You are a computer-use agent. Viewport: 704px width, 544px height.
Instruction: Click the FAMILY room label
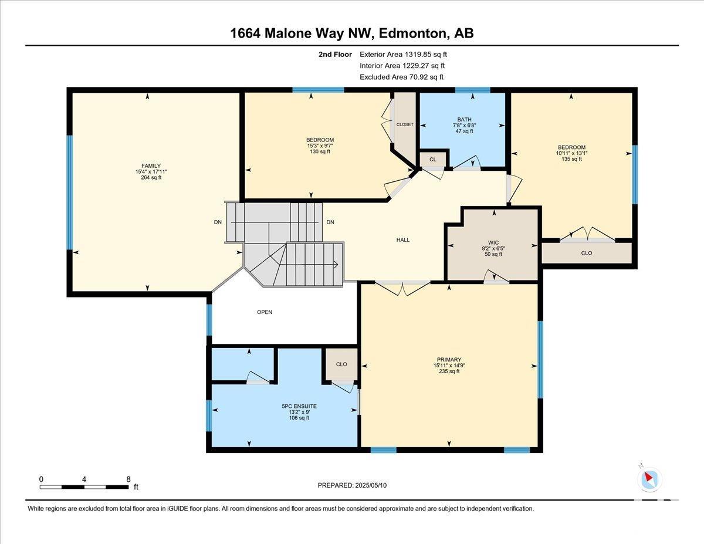[151, 165]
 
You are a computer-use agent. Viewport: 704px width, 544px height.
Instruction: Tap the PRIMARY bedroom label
[449, 359]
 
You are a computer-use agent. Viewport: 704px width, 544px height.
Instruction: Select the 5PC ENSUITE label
[299, 406]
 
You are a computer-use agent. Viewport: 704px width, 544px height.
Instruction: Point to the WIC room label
[493, 242]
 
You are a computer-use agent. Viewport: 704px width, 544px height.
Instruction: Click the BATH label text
[464, 119]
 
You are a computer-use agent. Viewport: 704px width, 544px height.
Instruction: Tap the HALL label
[403, 240]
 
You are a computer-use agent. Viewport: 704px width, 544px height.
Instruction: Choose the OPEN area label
[265, 312]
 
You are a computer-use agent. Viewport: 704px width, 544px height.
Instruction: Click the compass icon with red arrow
[649, 479]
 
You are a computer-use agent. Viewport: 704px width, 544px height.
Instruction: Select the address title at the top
[352, 33]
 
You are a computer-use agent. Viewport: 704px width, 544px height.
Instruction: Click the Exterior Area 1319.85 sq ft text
[404, 55]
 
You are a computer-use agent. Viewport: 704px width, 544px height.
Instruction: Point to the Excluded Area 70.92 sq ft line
[402, 77]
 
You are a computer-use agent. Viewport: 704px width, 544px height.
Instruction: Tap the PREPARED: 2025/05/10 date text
[352, 485]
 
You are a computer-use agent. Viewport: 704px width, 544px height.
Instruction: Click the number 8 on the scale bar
[128, 479]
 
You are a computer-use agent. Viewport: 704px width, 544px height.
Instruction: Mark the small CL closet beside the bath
[433, 160]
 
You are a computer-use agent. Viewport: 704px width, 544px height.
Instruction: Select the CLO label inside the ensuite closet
[341, 364]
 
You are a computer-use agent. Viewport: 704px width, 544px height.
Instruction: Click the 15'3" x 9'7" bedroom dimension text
[320, 146]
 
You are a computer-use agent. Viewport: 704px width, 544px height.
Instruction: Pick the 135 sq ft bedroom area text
[572, 159]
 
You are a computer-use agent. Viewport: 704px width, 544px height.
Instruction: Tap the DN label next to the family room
[218, 222]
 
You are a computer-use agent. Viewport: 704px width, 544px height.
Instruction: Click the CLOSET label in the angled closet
[405, 124]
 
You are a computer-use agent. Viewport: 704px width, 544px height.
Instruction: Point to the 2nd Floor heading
[335, 55]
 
